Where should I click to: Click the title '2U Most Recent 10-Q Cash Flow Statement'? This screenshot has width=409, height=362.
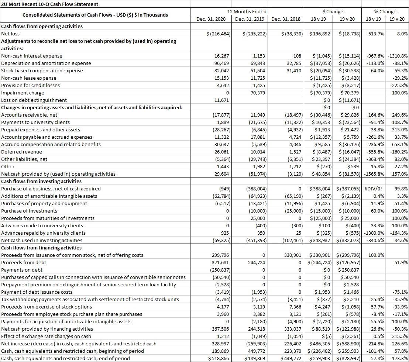[50, 4]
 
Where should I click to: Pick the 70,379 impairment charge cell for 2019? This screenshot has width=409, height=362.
[257, 93]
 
